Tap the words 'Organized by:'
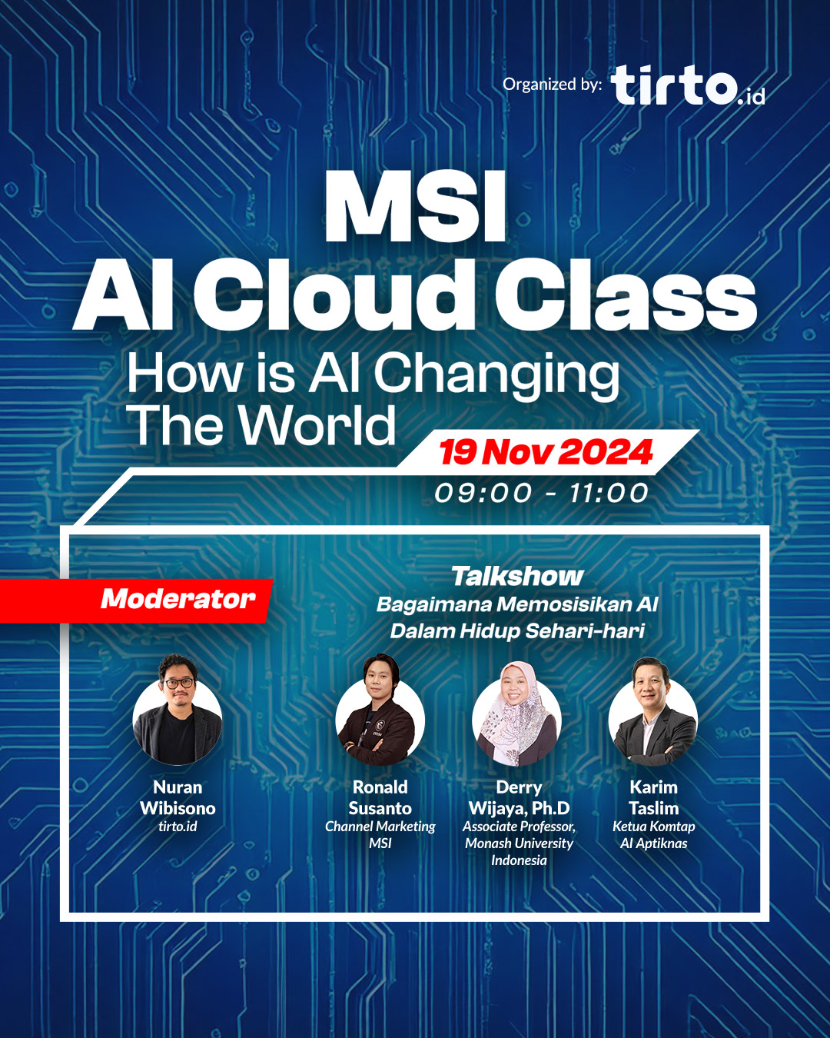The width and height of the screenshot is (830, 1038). point(552,85)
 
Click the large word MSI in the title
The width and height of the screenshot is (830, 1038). point(416,208)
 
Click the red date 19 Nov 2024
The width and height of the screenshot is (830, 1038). point(546,452)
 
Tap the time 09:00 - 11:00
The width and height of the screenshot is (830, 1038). point(542,493)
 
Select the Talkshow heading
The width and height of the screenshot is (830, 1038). point(517,576)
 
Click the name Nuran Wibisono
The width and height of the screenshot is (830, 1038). point(178,797)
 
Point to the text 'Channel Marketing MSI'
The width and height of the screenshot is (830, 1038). point(380,835)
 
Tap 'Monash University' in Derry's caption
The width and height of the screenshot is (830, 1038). point(519,843)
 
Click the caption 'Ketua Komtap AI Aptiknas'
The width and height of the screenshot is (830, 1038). point(654,835)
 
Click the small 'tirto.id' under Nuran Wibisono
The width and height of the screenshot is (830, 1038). point(178,827)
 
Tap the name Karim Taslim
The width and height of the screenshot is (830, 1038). point(654,797)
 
